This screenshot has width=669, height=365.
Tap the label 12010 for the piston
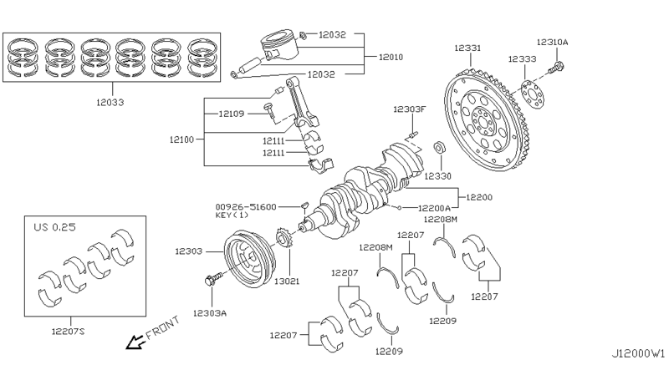391,58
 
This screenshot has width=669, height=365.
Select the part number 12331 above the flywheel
468,49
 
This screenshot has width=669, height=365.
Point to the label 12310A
552,41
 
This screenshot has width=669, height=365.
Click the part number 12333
523,59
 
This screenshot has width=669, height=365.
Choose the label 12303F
411,109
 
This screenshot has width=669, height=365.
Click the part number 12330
437,176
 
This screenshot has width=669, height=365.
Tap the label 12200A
435,206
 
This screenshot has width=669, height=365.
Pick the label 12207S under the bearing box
69,332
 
